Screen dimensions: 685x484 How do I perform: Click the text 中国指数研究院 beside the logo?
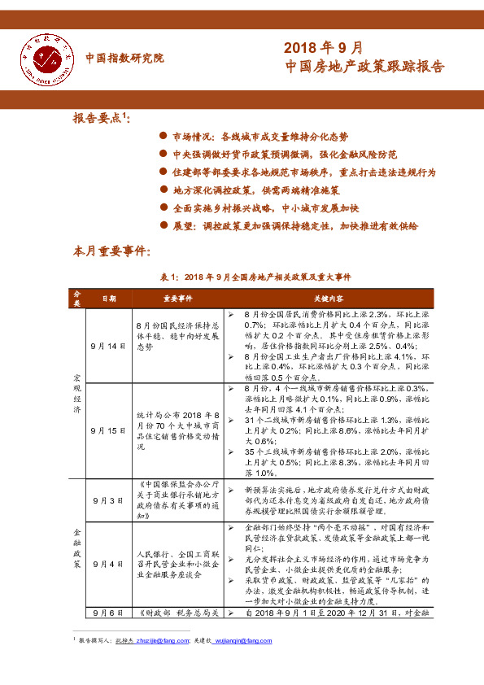click(x=124, y=59)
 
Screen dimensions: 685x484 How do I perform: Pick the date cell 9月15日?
click(x=108, y=430)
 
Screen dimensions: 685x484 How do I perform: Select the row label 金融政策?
click(x=77, y=540)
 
